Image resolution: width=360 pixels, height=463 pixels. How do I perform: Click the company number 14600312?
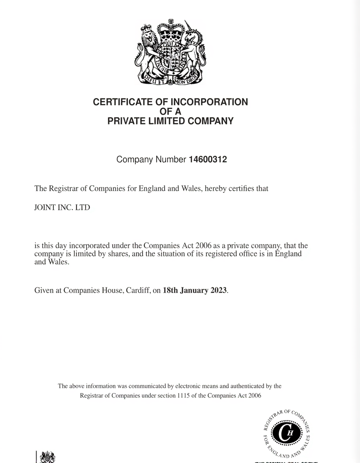click(208, 160)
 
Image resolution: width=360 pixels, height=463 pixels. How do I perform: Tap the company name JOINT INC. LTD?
click(62, 208)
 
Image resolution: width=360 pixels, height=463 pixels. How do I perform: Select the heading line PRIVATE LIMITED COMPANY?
click(170, 121)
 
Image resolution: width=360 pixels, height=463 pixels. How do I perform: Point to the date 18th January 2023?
click(195, 290)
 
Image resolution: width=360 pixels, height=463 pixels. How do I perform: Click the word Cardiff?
click(138, 290)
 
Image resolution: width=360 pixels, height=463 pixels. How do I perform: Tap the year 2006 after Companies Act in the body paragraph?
click(203, 246)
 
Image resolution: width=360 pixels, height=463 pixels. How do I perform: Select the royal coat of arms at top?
click(170, 52)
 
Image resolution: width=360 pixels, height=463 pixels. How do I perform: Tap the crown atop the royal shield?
click(171, 30)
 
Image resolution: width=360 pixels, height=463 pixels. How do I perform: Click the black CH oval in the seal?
click(287, 434)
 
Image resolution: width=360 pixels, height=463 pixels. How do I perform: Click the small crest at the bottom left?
click(47, 457)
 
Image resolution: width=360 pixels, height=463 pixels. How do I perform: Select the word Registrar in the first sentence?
click(63, 188)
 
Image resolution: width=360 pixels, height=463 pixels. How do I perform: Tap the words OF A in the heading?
click(170, 111)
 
